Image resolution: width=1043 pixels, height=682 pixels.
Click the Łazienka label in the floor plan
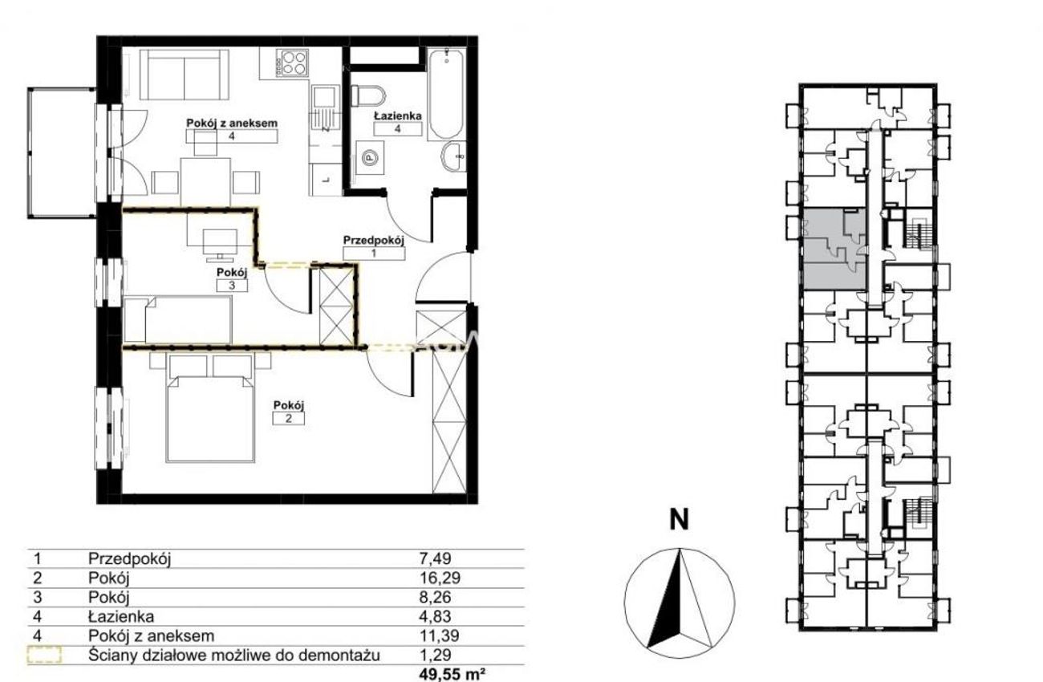pos(398,116)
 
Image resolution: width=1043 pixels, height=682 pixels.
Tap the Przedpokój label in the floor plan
pos(373,240)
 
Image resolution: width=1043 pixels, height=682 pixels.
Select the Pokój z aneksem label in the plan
pos(231,124)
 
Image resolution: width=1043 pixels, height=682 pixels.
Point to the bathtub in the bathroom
pos(446,95)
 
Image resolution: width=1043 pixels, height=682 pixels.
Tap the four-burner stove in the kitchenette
pos(292,63)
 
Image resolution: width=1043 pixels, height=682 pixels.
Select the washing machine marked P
pos(370,158)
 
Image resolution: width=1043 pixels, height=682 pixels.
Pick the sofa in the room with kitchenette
pos(185,75)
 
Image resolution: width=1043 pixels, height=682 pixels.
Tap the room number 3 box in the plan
pos(232,286)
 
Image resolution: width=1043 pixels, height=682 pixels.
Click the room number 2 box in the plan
pos(289,418)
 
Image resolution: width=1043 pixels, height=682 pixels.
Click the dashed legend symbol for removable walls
pos(44,655)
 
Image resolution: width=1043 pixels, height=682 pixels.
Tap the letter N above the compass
pos(679,520)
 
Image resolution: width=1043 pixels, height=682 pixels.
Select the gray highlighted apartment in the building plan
pos(835,250)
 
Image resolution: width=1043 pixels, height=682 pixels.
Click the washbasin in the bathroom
pos(453,157)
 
